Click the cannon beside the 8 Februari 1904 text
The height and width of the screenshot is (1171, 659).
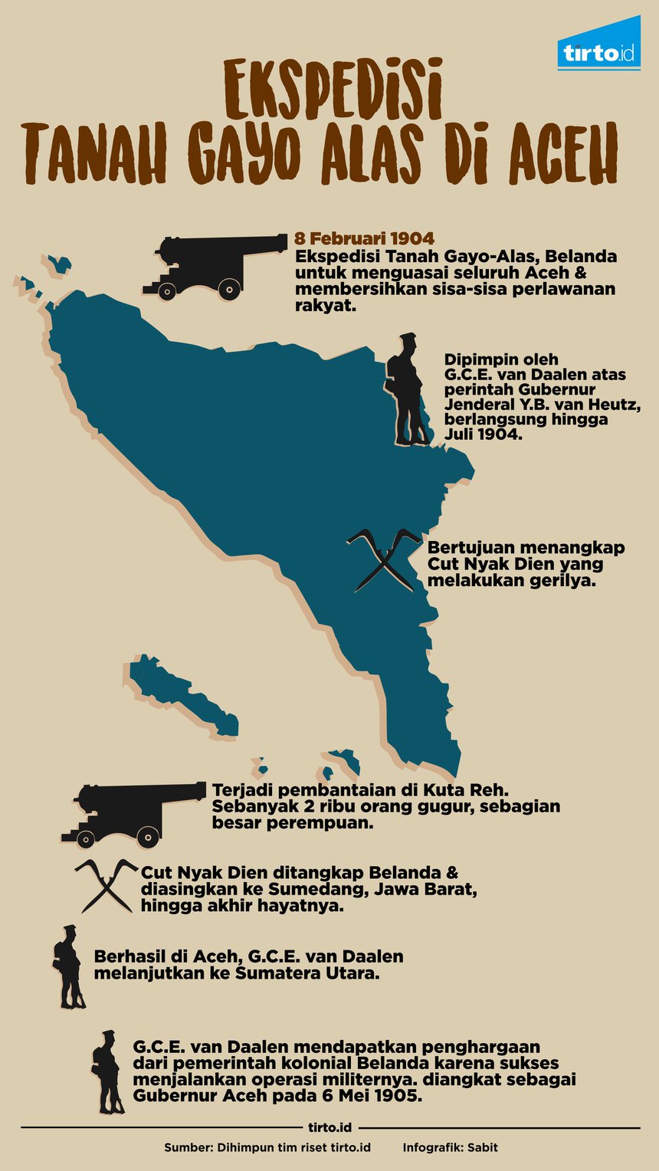(x=211, y=266)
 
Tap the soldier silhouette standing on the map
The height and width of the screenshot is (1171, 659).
(x=408, y=390)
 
